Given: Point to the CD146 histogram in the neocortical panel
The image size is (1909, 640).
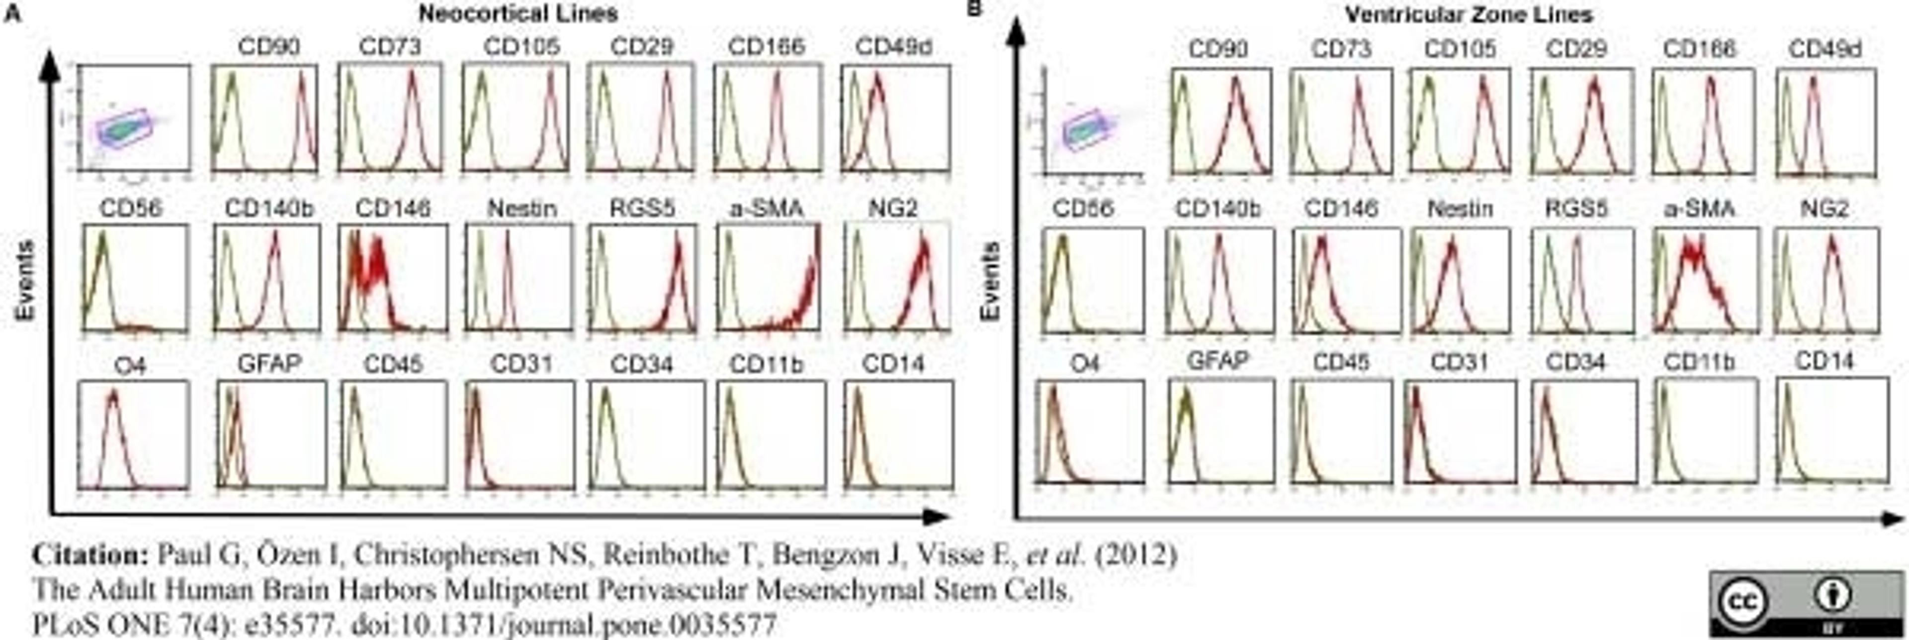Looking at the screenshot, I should pos(392,277).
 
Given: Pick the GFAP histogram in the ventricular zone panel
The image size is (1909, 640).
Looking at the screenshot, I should pos(1220,430).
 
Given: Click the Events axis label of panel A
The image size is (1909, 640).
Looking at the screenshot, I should pos(25,280).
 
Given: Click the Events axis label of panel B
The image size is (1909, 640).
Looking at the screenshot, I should pos(990,280).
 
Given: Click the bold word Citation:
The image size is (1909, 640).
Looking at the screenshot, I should pos(90,555).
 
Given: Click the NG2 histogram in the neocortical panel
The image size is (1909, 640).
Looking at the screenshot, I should pos(897,277).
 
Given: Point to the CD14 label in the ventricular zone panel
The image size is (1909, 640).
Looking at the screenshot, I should pos(1824,361).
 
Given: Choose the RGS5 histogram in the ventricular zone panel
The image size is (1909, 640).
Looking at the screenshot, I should pos(1581,280).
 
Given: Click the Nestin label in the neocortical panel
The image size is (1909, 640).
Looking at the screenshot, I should pos(521,209).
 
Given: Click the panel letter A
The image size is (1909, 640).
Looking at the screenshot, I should pos(12,14).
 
